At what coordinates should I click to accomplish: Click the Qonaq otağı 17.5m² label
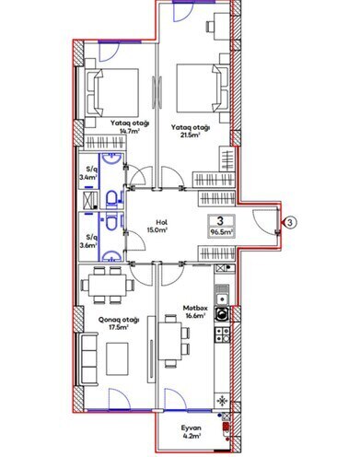tap(120, 324)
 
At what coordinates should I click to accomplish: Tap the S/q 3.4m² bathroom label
tap(90, 174)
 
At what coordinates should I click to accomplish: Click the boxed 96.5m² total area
tap(221, 227)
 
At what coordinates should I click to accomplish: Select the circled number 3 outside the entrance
tap(288, 221)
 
